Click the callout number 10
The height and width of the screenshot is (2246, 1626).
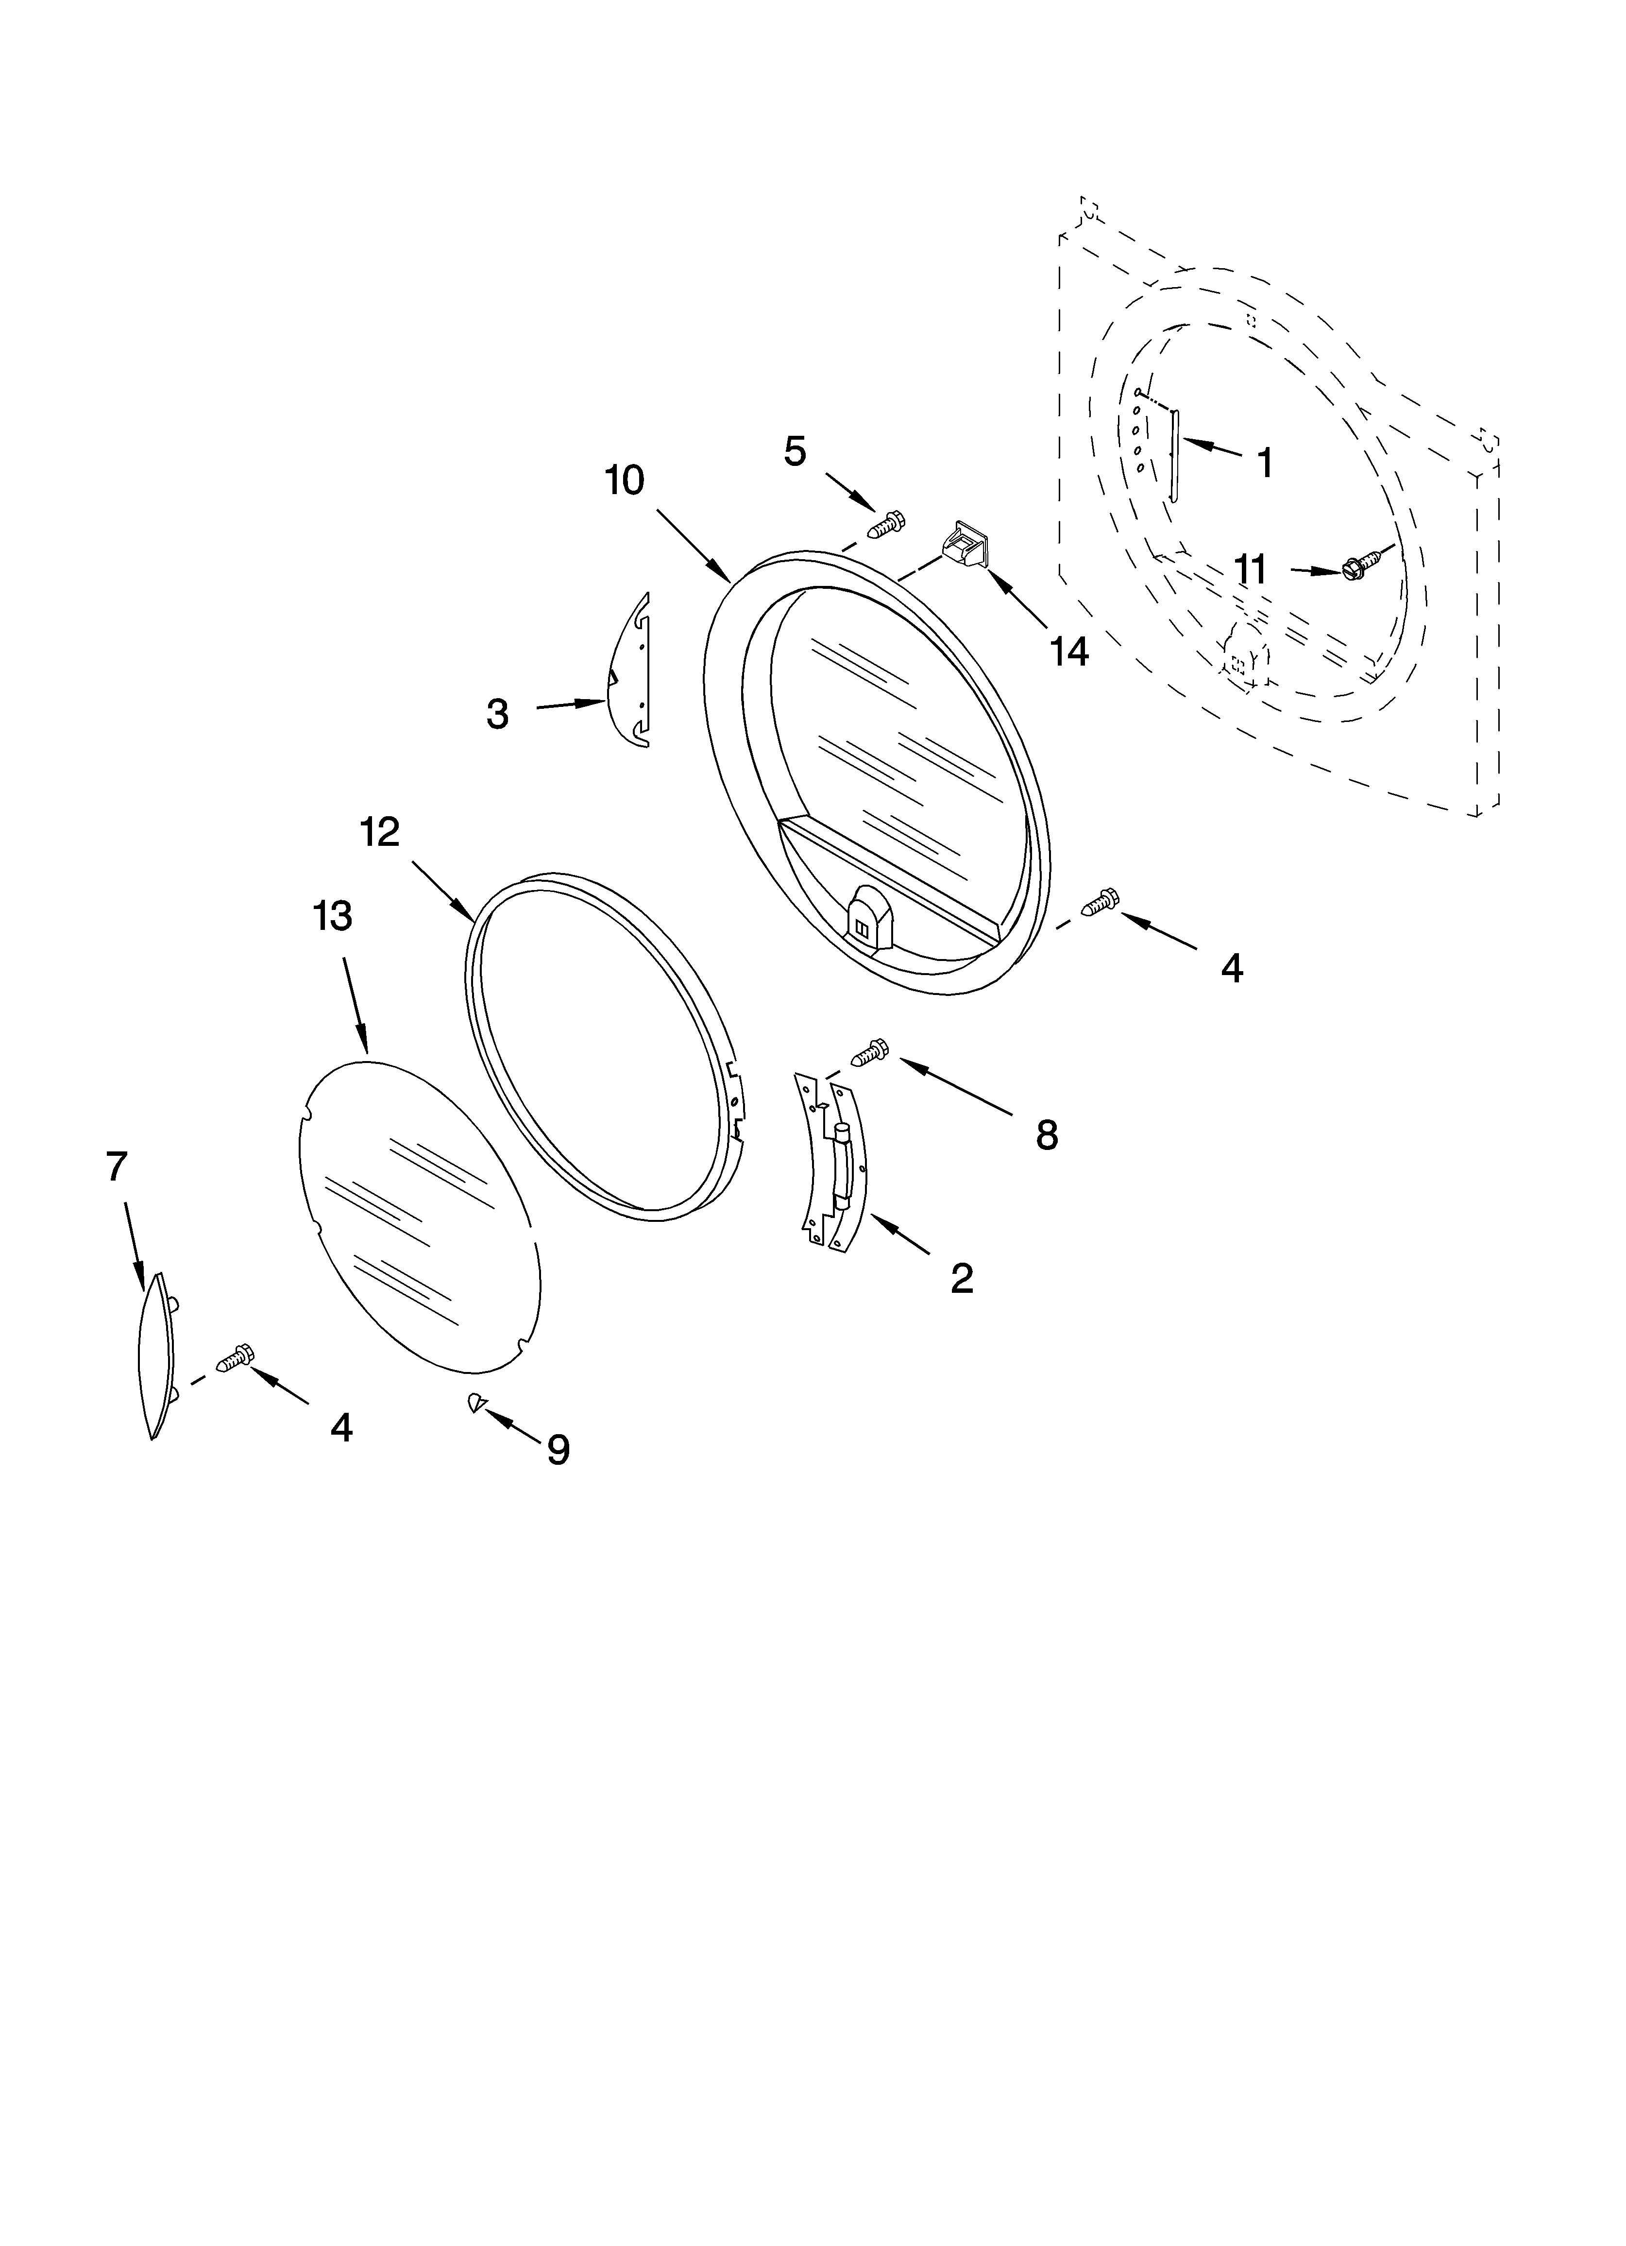(x=625, y=481)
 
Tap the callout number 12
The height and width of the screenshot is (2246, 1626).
(x=379, y=832)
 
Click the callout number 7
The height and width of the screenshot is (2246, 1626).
(x=117, y=1166)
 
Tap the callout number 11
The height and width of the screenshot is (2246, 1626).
(x=1251, y=570)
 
